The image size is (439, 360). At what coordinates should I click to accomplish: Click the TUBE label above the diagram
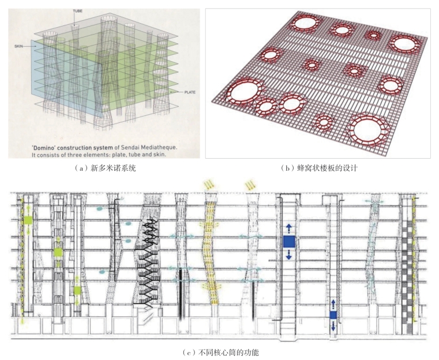(x=77, y=11)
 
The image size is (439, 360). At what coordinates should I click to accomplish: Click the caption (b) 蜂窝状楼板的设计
(x=319, y=168)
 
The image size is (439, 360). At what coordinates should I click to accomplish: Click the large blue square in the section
(x=288, y=241)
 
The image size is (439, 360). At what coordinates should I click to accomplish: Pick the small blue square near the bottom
(x=333, y=315)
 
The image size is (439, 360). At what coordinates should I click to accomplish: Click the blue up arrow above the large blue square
(x=288, y=227)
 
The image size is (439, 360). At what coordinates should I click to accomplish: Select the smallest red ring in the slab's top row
(x=374, y=35)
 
